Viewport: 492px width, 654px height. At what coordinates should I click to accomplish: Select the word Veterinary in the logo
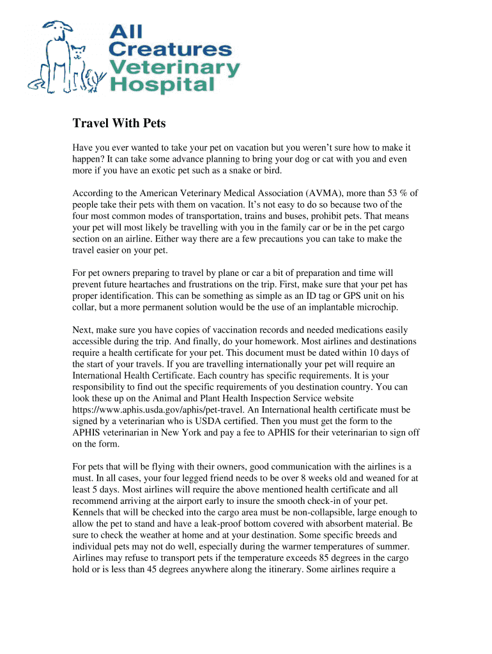pyautogui.click(x=174, y=67)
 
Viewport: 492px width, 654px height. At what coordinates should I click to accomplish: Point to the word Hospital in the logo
pyautogui.click(x=160, y=84)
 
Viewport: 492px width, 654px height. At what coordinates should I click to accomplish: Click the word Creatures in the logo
pyautogui.click(x=169, y=49)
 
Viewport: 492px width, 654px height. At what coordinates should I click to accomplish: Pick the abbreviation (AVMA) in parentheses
pyautogui.click(x=325, y=193)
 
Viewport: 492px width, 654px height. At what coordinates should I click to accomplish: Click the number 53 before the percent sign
pyautogui.click(x=395, y=193)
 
